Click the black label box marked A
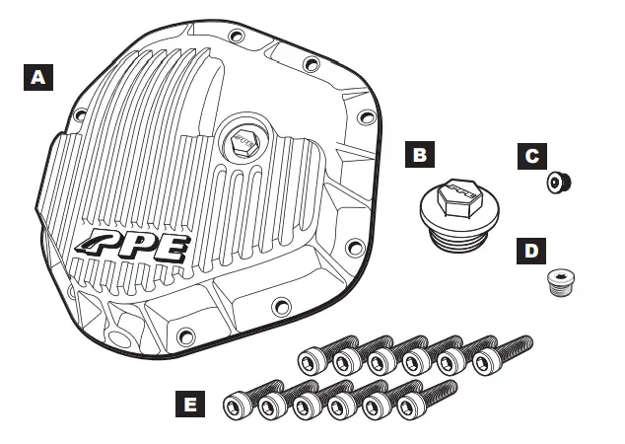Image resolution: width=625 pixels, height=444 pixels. coord(36,77)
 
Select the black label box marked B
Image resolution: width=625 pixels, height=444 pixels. coord(420,155)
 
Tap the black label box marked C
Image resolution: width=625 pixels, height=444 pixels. coord(531,155)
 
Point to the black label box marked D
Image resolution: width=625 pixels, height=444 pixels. coord(531,251)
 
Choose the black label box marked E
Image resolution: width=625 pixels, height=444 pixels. coord(191,404)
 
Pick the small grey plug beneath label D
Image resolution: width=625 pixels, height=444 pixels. coord(562,286)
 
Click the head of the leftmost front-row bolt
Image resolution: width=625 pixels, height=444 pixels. coord(238,405)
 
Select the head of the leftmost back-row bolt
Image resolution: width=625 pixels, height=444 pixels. coord(312,360)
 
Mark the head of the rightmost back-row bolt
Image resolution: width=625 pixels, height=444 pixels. coord(485,361)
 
